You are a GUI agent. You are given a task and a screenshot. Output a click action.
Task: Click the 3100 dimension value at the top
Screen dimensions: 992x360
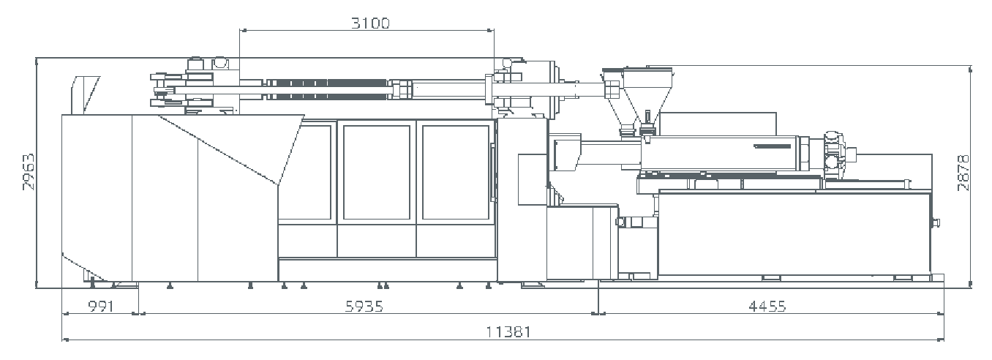pos(371,23)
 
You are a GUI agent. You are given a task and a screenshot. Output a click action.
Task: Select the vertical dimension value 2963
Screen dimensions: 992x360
pos(29,172)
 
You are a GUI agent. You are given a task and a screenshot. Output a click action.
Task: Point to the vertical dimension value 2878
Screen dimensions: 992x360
pos(963,173)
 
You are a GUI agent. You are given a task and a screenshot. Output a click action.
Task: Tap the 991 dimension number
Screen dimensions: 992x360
pos(101,306)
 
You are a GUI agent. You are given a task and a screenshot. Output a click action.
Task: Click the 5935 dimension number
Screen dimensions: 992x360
pos(364,306)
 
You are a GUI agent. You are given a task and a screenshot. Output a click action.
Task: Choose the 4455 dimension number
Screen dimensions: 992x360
pos(767,306)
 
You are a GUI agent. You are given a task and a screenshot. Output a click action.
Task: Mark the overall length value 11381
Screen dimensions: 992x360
pos(508,331)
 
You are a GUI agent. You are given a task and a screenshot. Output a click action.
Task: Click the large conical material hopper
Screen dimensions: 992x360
pos(647,95)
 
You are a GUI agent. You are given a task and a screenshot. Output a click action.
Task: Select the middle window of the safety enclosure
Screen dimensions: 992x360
pos(377,172)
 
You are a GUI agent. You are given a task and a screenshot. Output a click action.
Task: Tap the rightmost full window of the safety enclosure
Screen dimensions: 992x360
pos(456,172)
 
